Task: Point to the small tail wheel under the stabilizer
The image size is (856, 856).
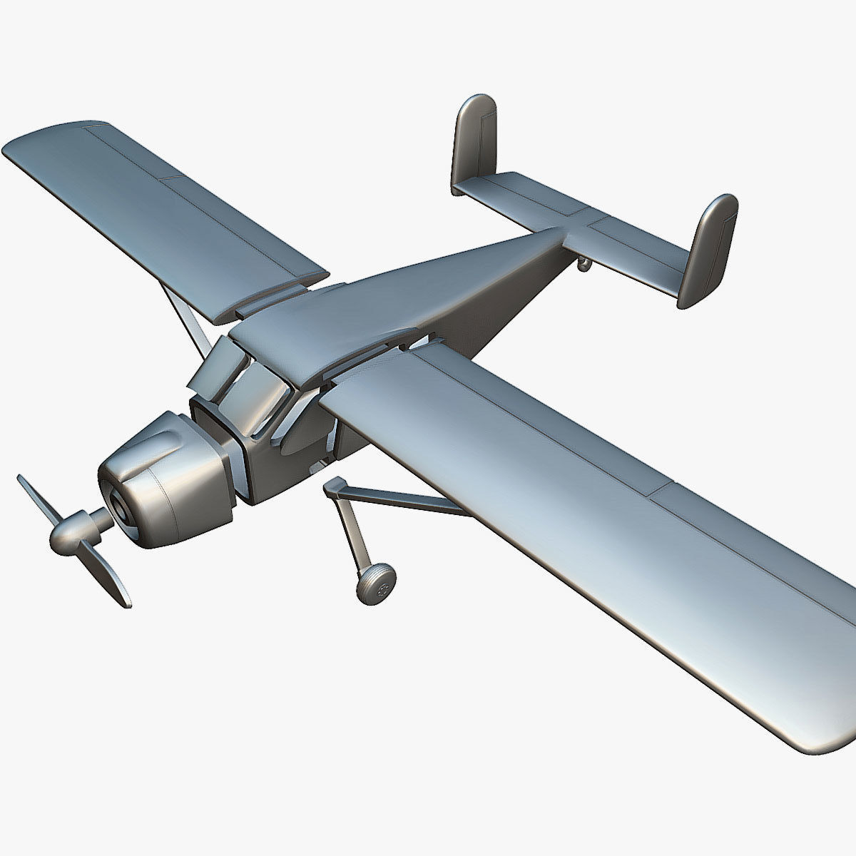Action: pos(584,266)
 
